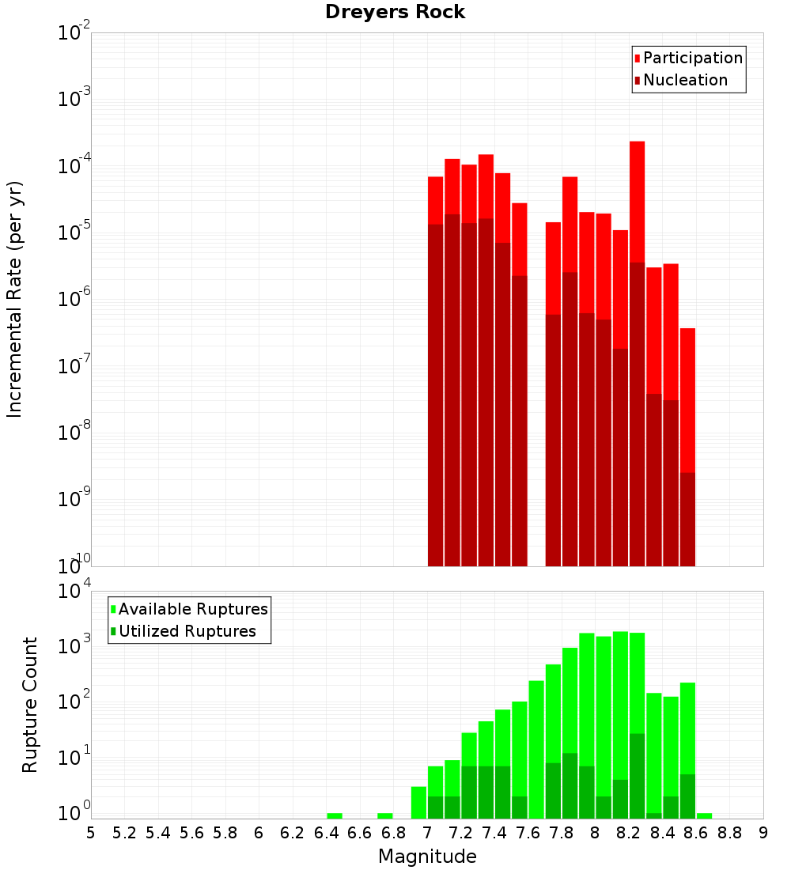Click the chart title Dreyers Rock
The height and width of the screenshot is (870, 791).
[x=395, y=12]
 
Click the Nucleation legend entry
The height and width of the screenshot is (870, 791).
[x=680, y=81]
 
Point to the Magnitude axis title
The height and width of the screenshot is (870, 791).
[x=427, y=857]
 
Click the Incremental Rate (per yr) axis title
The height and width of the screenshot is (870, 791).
[x=15, y=299]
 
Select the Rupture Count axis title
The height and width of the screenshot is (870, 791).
[x=30, y=705]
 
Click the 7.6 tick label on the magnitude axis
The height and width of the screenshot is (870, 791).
[x=528, y=833]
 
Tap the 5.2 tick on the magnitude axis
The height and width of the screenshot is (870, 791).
[x=124, y=833]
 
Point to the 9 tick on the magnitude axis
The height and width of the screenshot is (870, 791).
[x=763, y=833]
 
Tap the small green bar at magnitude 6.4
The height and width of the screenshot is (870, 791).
[x=335, y=815]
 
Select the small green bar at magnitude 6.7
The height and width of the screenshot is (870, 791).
[x=385, y=815]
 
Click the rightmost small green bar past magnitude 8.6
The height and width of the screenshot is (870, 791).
[x=704, y=815]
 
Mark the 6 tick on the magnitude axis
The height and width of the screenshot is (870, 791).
[x=259, y=833]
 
